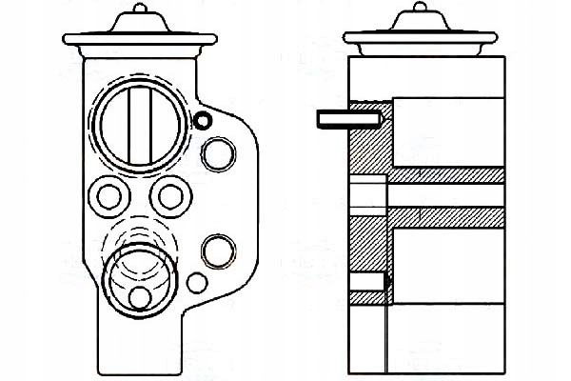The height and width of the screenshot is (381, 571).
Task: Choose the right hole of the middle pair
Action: coord(171,196)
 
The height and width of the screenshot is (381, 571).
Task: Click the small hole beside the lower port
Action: coord(198,283)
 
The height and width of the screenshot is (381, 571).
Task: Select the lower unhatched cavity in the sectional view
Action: coord(447,257)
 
